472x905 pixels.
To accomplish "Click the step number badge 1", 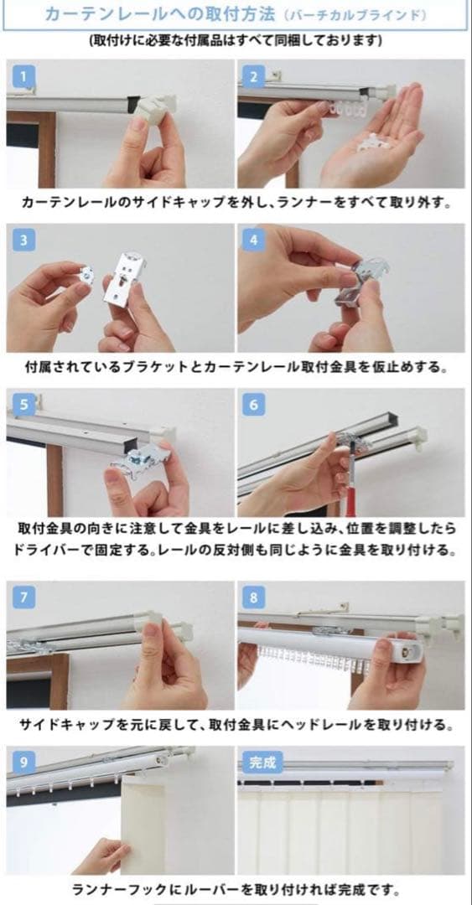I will tap(23, 76).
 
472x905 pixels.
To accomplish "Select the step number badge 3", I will tap(23, 240).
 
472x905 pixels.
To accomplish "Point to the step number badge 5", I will tap(23, 406).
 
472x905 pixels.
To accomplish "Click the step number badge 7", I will tap(23, 598).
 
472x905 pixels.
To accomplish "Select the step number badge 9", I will tap(23, 763).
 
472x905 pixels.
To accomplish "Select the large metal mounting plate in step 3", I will tap(132, 280).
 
